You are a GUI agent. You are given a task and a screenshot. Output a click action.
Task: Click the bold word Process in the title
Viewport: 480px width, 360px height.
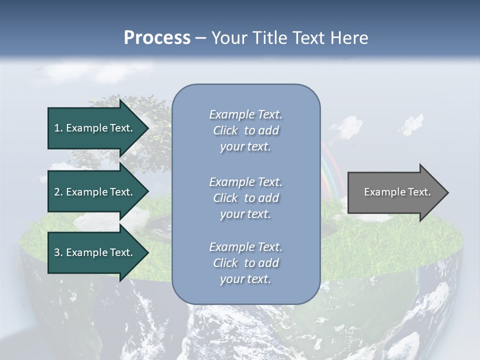[157, 38]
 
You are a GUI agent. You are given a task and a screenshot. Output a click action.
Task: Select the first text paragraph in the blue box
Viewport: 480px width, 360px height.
[245, 130]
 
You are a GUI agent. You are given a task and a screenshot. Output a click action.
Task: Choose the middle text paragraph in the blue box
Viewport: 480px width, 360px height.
[245, 198]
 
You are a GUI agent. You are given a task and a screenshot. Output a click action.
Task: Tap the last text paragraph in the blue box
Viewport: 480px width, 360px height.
[245, 263]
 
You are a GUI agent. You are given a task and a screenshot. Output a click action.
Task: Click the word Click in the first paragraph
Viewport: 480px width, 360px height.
[225, 130]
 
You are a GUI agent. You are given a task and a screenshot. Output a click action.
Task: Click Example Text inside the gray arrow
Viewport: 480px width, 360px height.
[397, 192]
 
